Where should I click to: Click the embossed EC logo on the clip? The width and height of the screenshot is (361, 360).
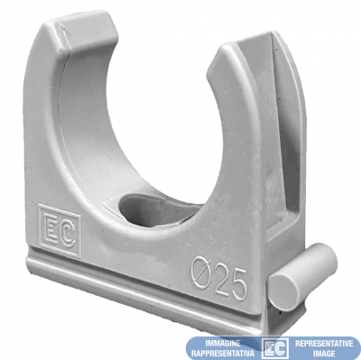pos(60,230)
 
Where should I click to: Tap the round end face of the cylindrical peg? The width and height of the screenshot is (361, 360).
pos(283,288)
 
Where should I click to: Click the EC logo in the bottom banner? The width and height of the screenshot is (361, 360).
pos(275,348)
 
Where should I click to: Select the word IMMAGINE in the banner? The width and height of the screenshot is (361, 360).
pos(223,343)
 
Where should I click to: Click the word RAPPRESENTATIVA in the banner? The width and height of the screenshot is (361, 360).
pos(223,353)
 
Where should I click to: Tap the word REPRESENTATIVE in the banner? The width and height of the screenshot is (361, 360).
pos(324,343)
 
